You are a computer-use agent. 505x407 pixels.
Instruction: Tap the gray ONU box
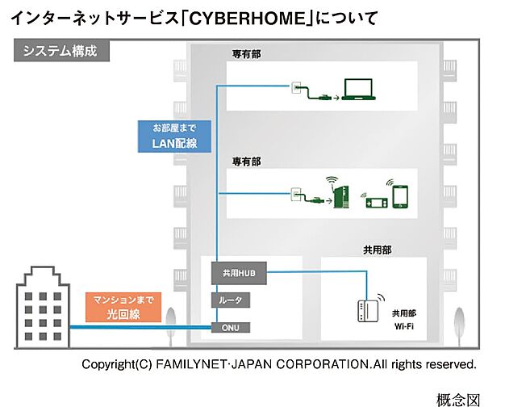232,328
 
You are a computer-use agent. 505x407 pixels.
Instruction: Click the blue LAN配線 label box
174,136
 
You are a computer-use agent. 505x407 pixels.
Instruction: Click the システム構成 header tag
61,50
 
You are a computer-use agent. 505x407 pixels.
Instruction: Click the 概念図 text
457,398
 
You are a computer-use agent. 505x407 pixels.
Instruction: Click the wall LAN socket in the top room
295,86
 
